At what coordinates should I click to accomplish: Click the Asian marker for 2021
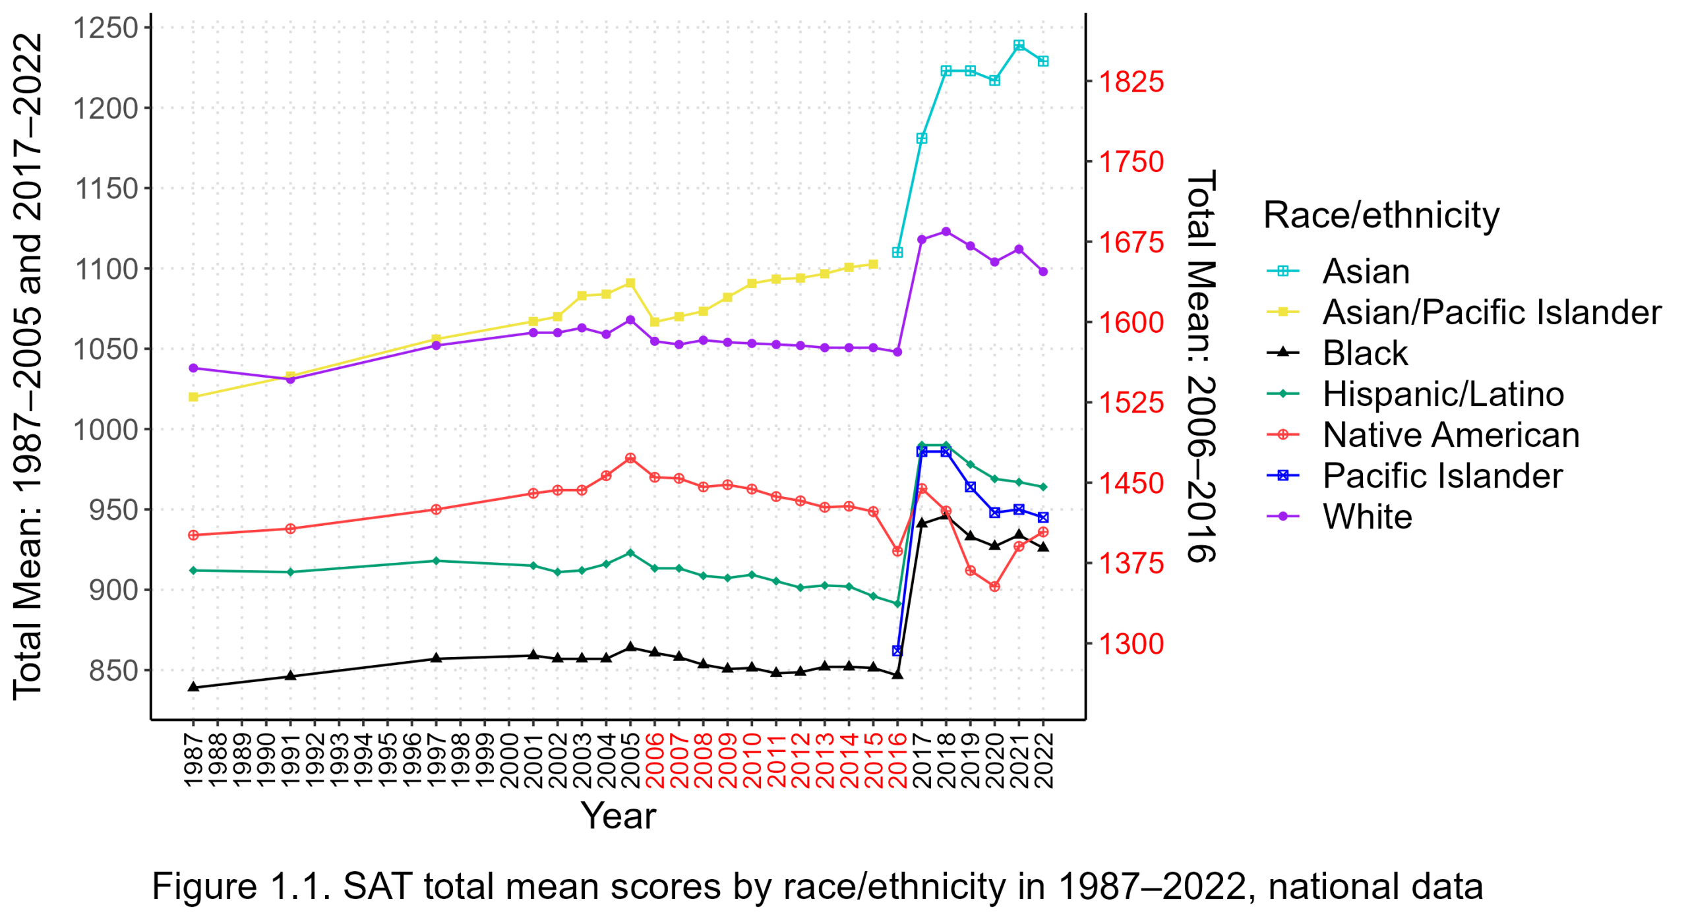[1019, 45]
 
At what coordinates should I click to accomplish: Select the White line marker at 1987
[193, 368]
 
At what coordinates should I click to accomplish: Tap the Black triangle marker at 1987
[193, 687]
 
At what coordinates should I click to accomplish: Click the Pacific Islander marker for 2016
[897, 650]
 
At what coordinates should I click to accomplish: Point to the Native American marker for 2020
[994, 586]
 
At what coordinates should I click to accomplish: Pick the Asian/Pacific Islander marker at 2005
[630, 283]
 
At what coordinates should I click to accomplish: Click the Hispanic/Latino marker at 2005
[630, 553]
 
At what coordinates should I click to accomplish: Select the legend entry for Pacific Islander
[1441, 476]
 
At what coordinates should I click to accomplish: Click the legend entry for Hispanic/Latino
[1442, 394]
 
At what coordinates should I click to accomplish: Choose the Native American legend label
[1450, 435]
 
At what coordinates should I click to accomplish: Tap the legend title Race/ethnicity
[1381, 215]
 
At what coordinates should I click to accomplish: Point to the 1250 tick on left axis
[105, 28]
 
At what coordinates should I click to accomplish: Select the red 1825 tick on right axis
[1130, 82]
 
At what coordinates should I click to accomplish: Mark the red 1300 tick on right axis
[1130, 643]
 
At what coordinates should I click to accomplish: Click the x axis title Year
[618, 815]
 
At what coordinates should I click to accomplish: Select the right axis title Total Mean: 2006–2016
[1201, 366]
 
